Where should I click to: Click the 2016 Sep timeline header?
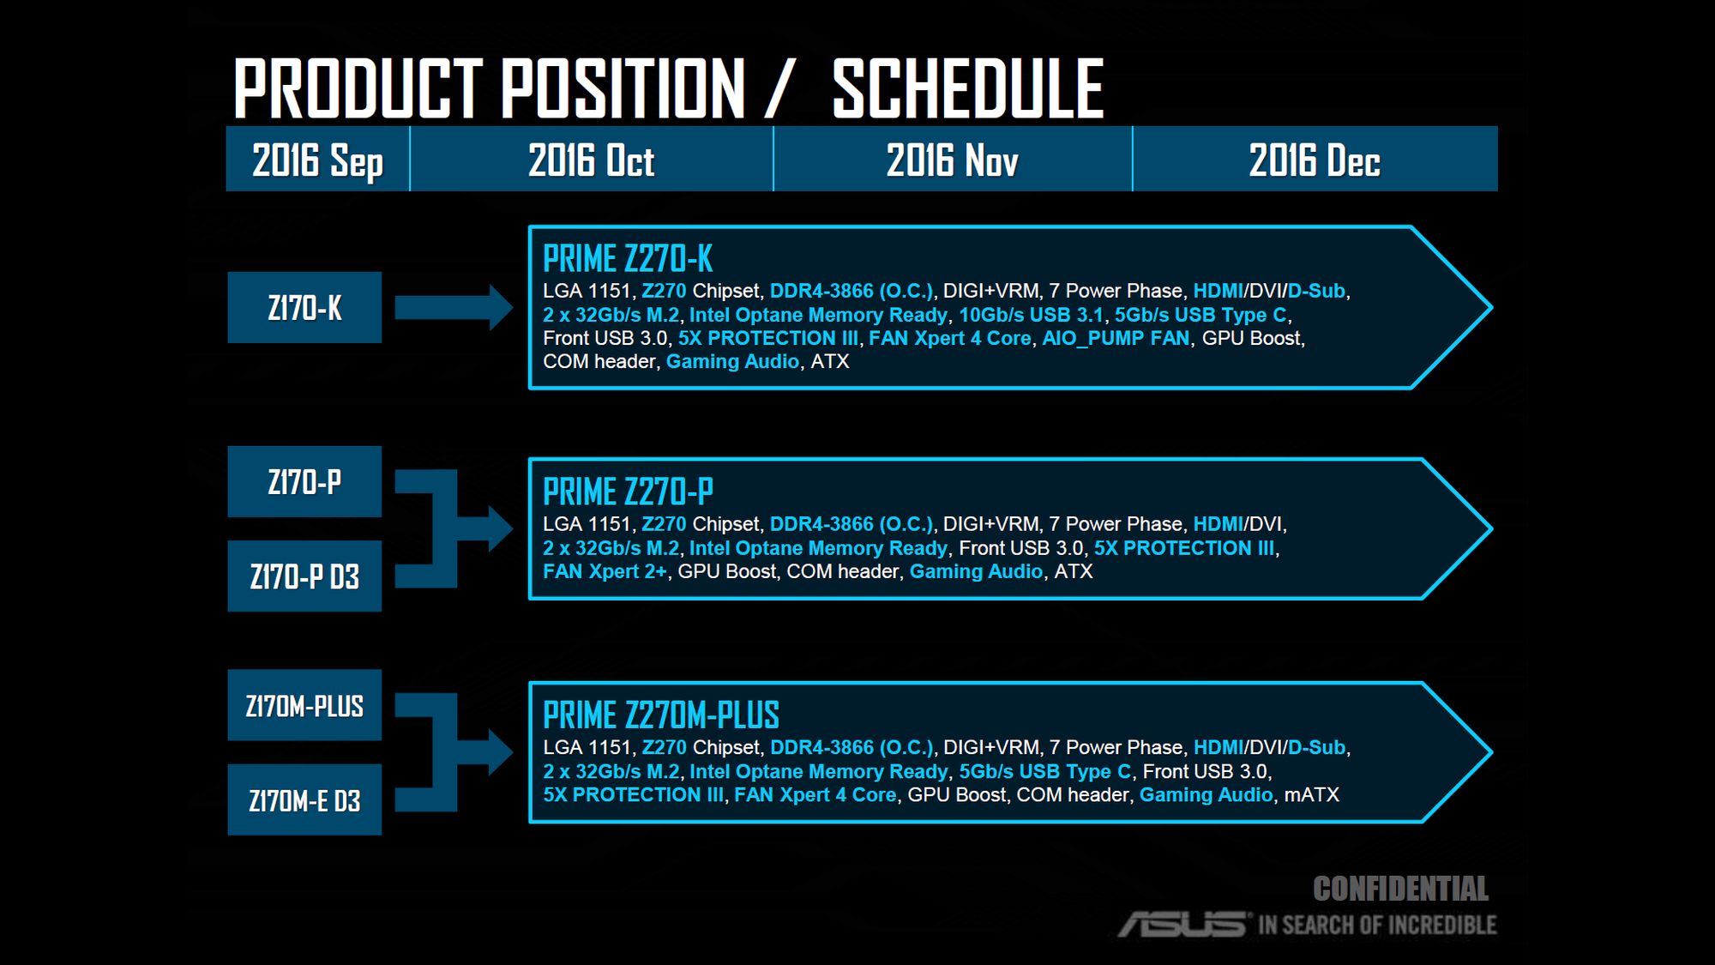tap(317, 160)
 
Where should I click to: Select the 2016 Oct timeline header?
tap(592, 160)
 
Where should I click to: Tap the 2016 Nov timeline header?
tap(953, 160)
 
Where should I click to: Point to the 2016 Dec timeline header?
tap(1315, 160)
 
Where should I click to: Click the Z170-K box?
tap(304, 307)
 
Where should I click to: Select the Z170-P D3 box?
tap(304, 576)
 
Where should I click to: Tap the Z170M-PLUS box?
tap(304, 705)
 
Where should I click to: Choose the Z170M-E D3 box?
tap(304, 799)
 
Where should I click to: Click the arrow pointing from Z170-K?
tap(454, 307)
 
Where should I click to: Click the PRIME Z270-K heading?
tap(628, 258)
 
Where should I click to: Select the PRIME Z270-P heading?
tap(628, 492)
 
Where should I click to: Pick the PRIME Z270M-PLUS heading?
tap(661, 715)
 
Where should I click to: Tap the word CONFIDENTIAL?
tap(1400, 889)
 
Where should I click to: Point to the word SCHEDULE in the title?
tap(968, 88)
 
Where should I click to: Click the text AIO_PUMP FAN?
tap(1116, 339)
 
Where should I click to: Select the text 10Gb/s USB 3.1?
tap(1031, 315)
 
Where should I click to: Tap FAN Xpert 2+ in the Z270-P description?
tap(605, 571)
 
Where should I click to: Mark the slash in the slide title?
tap(777, 88)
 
